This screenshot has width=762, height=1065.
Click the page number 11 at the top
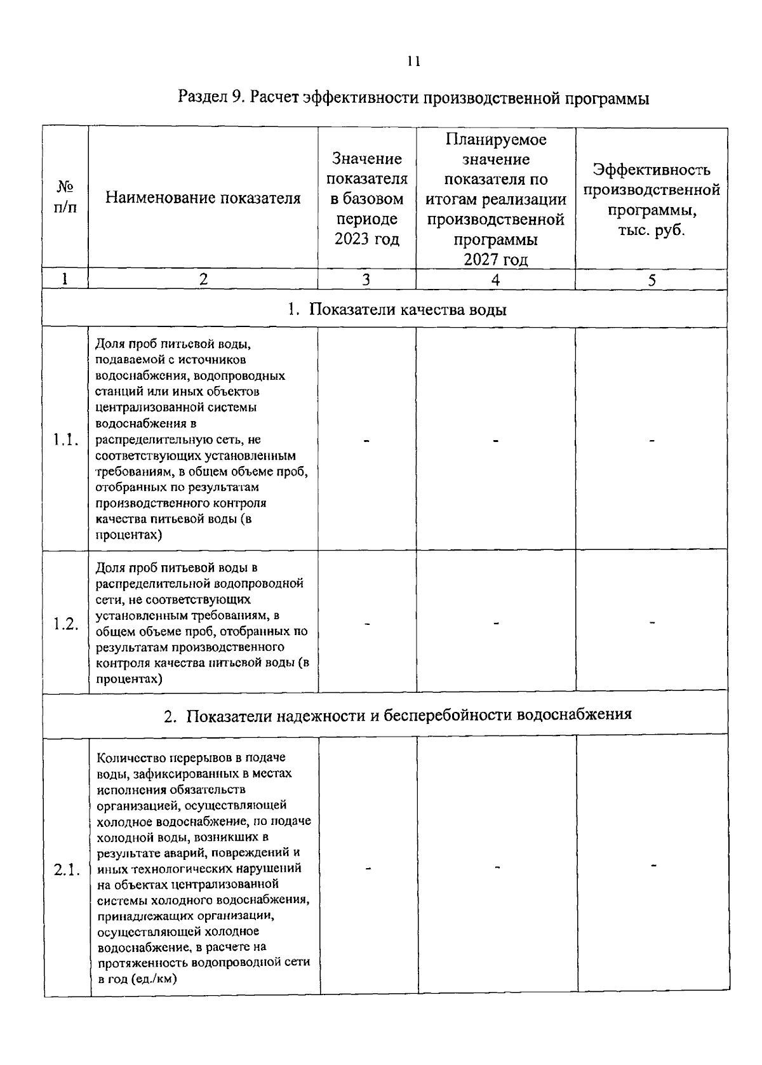pyautogui.click(x=413, y=61)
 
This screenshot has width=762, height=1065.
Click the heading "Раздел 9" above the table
pyautogui.click(x=213, y=98)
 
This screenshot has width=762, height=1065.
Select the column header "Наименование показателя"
pyautogui.click(x=203, y=198)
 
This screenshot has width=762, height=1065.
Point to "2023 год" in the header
pyautogui.click(x=367, y=239)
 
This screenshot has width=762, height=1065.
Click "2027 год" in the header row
pyautogui.click(x=495, y=260)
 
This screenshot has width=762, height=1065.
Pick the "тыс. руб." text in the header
pyautogui.click(x=652, y=230)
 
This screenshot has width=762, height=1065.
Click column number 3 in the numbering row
pyautogui.click(x=366, y=279)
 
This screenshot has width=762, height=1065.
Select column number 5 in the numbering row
pyautogui.click(x=652, y=279)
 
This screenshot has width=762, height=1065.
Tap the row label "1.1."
pyautogui.click(x=66, y=439)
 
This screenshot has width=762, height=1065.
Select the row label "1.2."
pyautogui.click(x=66, y=623)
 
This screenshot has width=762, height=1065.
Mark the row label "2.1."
pyautogui.click(x=67, y=870)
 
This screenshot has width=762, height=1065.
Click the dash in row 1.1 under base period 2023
pyautogui.click(x=367, y=439)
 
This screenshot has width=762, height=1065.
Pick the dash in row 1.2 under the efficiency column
pyautogui.click(x=652, y=623)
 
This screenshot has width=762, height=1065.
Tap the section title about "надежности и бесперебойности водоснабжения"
pyautogui.click(x=398, y=714)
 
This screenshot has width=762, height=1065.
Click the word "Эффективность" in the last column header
pyautogui.click(x=652, y=170)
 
